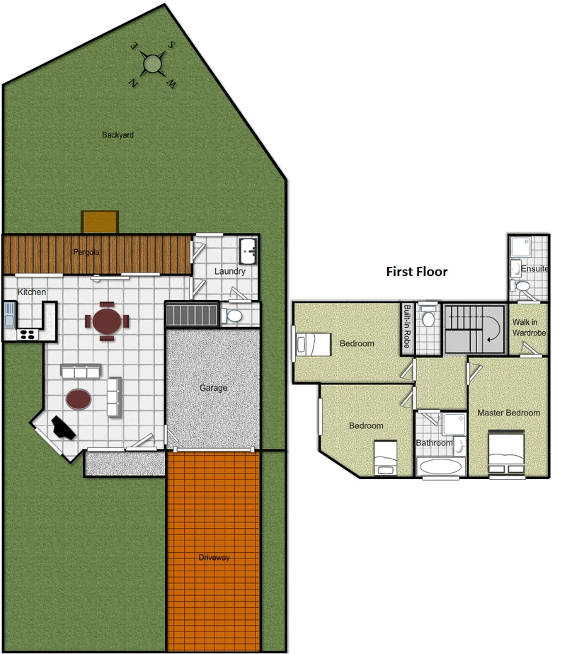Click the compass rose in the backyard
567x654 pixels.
point(152,64)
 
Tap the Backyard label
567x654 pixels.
point(118,134)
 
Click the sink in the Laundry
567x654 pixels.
point(248,250)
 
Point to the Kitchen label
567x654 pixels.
point(32,292)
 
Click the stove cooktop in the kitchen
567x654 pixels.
point(28,333)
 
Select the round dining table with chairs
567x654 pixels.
point(107,321)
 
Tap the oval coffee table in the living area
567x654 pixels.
point(78,399)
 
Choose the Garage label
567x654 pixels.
point(213,388)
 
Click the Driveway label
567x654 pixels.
point(214,558)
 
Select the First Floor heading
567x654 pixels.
point(416,271)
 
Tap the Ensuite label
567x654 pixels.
point(534,269)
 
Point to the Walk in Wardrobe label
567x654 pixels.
point(528,327)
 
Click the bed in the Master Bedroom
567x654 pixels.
point(506,452)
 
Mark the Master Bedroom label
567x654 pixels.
point(508,413)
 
